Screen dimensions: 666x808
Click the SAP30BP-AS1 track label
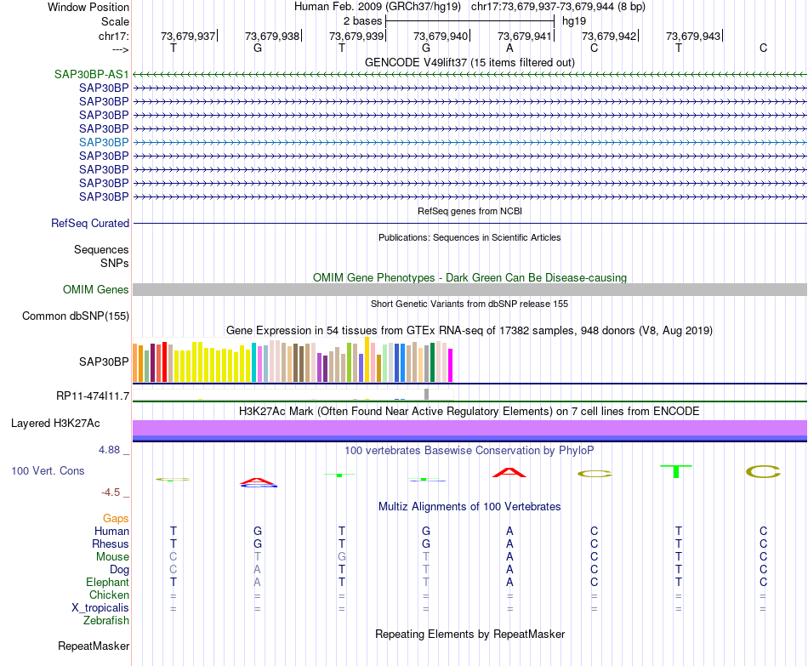pos(92,74)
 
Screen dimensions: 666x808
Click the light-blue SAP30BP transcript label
pos(104,142)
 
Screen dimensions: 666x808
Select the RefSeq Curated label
pos(90,223)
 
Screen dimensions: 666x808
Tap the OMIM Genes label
pos(96,290)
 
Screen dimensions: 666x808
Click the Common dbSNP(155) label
pos(76,316)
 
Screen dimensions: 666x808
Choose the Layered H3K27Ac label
pos(55,423)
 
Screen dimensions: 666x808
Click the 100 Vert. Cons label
pos(48,470)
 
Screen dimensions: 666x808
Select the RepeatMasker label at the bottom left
pos(94,646)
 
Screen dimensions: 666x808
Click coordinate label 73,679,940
pos(441,36)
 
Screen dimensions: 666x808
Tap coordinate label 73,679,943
pos(693,36)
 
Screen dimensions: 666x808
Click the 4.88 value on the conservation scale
pos(115,449)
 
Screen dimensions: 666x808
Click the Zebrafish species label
pos(106,621)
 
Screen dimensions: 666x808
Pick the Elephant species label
pos(107,583)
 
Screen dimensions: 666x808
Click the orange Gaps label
pos(116,518)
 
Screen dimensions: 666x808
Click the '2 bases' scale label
pos(362,20)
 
